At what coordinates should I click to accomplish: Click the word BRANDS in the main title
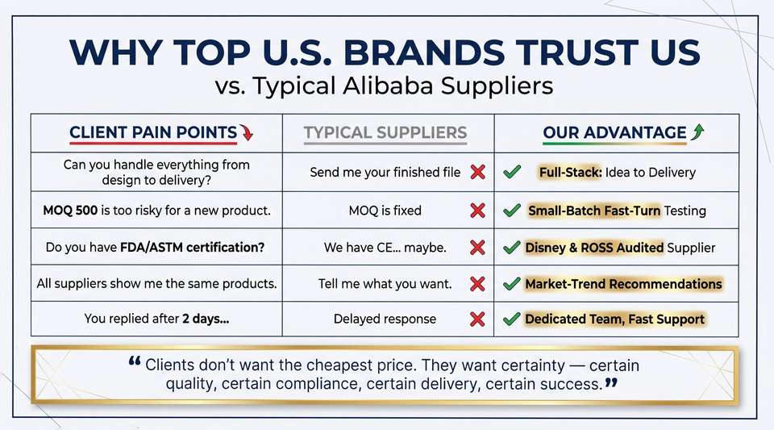pyautogui.click(x=423, y=52)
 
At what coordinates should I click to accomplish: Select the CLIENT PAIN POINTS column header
pyautogui.click(x=153, y=132)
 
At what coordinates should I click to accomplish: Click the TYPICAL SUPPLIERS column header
pyautogui.click(x=385, y=132)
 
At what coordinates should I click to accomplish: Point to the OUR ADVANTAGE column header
pyautogui.click(x=614, y=132)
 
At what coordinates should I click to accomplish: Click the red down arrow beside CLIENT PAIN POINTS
pyautogui.click(x=247, y=132)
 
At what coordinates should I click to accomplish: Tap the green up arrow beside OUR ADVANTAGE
pyautogui.click(x=697, y=132)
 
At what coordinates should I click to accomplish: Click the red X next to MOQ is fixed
pyautogui.click(x=477, y=211)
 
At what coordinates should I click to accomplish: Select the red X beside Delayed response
pyautogui.click(x=477, y=319)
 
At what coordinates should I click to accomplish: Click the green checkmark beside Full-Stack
pyautogui.click(x=512, y=172)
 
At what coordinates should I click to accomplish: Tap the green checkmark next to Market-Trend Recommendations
pyautogui.click(x=512, y=283)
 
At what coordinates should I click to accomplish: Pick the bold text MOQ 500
pyautogui.click(x=70, y=211)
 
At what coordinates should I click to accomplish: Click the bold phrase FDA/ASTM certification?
pyautogui.click(x=193, y=247)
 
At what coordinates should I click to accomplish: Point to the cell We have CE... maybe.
pyautogui.click(x=385, y=248)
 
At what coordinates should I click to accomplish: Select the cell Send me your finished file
pyautogui.click(x=385, y=173)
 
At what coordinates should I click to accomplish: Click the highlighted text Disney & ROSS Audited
pyautogui.click(x=594, y=248)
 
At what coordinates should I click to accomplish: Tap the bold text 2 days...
pyautogui.click(x=206, y=319)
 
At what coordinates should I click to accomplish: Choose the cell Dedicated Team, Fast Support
pyautogui.click(x=614, y=319)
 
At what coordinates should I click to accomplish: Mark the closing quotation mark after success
pyautogui.click(x=611, y=382)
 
